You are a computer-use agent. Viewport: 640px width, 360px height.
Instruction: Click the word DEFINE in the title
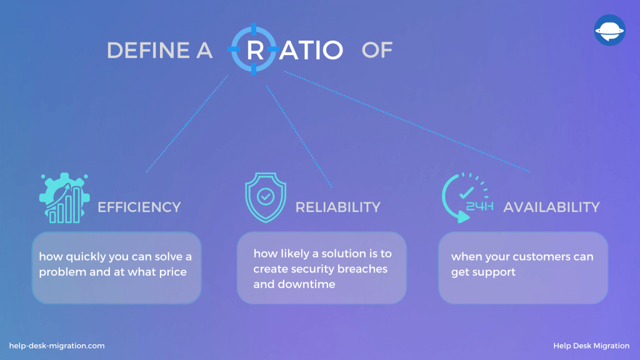[147, 50]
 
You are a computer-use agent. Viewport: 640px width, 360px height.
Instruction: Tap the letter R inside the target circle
[255, 50]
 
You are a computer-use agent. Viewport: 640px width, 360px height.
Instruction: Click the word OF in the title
[377, 50]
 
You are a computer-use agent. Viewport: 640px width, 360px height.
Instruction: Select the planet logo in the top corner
[610, 30]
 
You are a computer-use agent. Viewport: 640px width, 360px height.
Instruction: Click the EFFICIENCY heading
[139, 207]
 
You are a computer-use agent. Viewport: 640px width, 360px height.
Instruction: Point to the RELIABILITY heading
[338, 207]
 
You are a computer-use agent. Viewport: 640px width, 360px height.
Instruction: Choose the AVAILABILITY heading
[551, 207]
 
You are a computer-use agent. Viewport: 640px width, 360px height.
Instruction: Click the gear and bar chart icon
[64, 198]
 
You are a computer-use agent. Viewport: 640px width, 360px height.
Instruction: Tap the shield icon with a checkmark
[266, 197]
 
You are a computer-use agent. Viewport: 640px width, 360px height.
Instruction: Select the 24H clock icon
[467, 198]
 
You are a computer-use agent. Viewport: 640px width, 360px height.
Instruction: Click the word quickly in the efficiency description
[86, 257]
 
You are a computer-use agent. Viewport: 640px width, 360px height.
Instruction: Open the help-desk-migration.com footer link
[57, 346]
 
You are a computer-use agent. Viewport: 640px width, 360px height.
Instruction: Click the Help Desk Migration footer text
[591, 346]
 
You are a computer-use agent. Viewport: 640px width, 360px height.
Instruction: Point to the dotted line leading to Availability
[407, 122]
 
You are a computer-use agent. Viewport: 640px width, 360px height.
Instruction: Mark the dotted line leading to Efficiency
[187, 124]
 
